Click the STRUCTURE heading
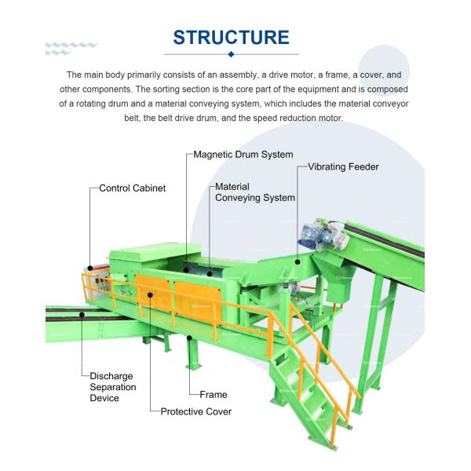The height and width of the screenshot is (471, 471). (x=231, y=37)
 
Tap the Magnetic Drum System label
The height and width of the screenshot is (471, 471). (x=243, y=155)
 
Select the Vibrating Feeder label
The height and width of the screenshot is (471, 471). (x=343, y=167)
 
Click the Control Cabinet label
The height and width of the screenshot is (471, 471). (x=132, y=188)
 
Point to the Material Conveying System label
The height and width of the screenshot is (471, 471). (x=255, y=192)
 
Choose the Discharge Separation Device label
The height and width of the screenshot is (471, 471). (x=112, y=387)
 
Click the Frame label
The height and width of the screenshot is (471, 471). (x=214, y=395)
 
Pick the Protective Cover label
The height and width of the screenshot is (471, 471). (x=196, y=411)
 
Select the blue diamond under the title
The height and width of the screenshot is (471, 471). (x=231, y=54)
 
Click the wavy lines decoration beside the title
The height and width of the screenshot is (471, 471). (x=71, y=48)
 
